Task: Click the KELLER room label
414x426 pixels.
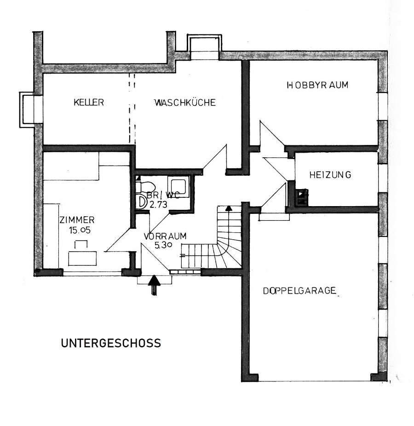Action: [89, 102]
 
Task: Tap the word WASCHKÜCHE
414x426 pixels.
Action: [184, 102]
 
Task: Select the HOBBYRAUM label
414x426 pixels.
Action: [317, 85]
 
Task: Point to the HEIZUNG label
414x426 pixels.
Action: [330, 175]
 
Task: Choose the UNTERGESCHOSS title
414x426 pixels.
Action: [111, 343]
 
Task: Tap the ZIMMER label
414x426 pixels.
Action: [77, 219]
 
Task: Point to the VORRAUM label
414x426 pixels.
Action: [165, 236]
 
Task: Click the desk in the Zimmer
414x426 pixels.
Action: [82, 258]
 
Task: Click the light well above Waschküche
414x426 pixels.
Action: [204, 46]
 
